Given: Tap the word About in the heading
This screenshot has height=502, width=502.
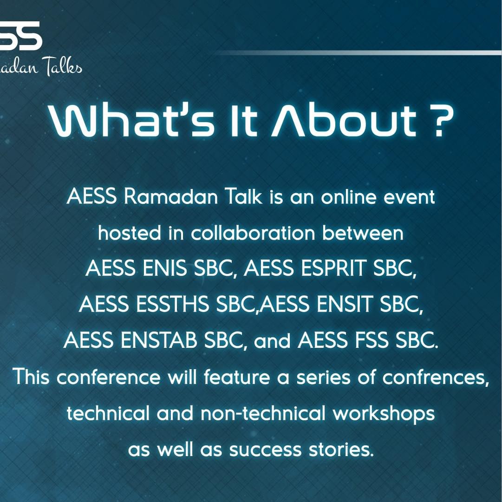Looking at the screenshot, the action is pos(344,120).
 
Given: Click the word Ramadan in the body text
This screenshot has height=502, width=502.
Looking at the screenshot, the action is pos(171,196).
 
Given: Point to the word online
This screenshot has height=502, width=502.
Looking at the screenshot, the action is pos(349,196).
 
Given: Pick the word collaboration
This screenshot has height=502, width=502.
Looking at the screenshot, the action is pos(253,233).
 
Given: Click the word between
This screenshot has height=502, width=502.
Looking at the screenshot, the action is pos(363,233).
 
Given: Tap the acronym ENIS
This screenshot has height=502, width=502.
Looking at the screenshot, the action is pos(164,268).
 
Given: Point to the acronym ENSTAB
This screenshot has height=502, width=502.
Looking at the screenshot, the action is pos(159,340).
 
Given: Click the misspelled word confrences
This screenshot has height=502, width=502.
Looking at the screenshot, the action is pos(436,377).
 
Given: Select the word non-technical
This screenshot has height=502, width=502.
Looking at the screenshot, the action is pos(263,413).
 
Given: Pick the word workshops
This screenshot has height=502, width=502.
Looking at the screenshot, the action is pos(384,413).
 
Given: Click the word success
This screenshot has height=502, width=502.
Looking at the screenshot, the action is pos(266,450).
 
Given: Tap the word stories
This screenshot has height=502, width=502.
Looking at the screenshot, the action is pos(341,449).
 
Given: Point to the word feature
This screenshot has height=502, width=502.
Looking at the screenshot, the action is pos(237,377).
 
